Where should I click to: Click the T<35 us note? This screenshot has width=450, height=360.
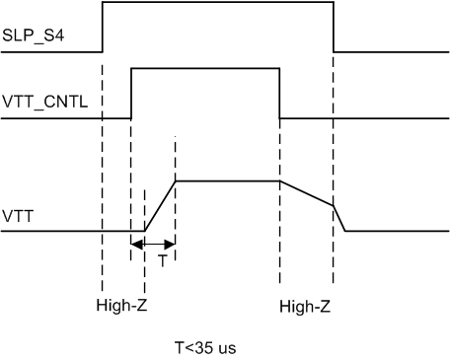tap(205, 347)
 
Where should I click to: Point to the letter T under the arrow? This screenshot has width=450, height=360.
tap(162, 261)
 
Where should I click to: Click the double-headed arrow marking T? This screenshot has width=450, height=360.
tap(153, 244)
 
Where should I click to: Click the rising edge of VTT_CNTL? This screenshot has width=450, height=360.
tap(131, 93)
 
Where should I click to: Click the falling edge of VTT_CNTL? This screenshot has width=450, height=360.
tap(279, 93)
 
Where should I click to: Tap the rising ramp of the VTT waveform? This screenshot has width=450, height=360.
tap(160, 206)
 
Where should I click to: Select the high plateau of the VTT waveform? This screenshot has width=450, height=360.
tap(227, 180)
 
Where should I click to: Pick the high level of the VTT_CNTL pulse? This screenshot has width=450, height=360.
tap(205, 68)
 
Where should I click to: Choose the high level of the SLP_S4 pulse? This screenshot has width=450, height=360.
tap(217, 3)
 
